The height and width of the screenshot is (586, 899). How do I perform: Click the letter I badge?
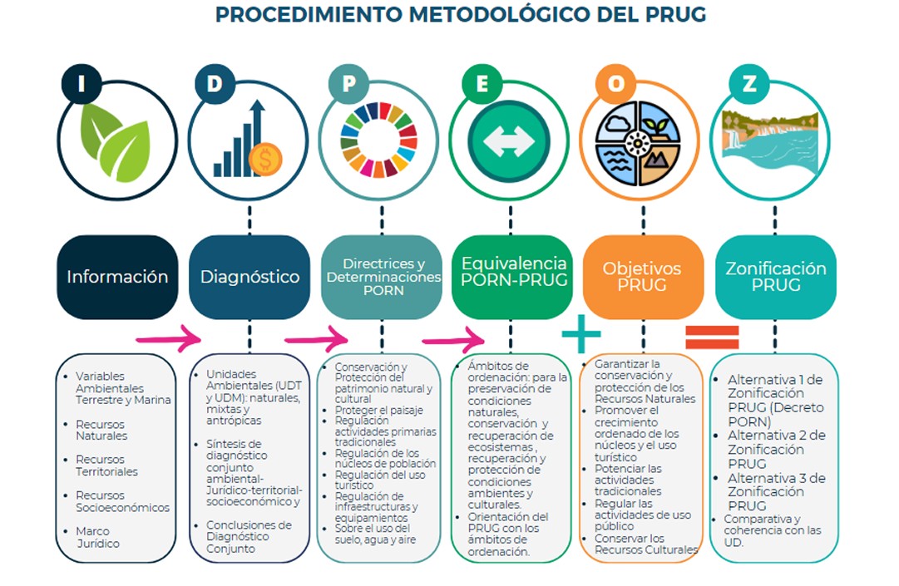[81, 84]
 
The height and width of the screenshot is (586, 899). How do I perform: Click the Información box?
[117, 277]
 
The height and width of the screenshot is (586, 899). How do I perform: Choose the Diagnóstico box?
[249, 277]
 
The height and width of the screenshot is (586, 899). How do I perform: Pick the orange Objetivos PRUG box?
[642, 277]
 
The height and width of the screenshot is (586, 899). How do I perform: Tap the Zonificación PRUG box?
[775, 277]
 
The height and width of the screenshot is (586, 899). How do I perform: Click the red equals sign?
[711, 336]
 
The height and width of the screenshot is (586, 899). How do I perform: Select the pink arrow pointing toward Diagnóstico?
[168, 338]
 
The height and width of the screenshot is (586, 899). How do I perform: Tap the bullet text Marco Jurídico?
[97, 537]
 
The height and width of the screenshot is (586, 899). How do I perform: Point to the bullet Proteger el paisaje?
[378, 411]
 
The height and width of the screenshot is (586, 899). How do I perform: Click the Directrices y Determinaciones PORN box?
[382, 277]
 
